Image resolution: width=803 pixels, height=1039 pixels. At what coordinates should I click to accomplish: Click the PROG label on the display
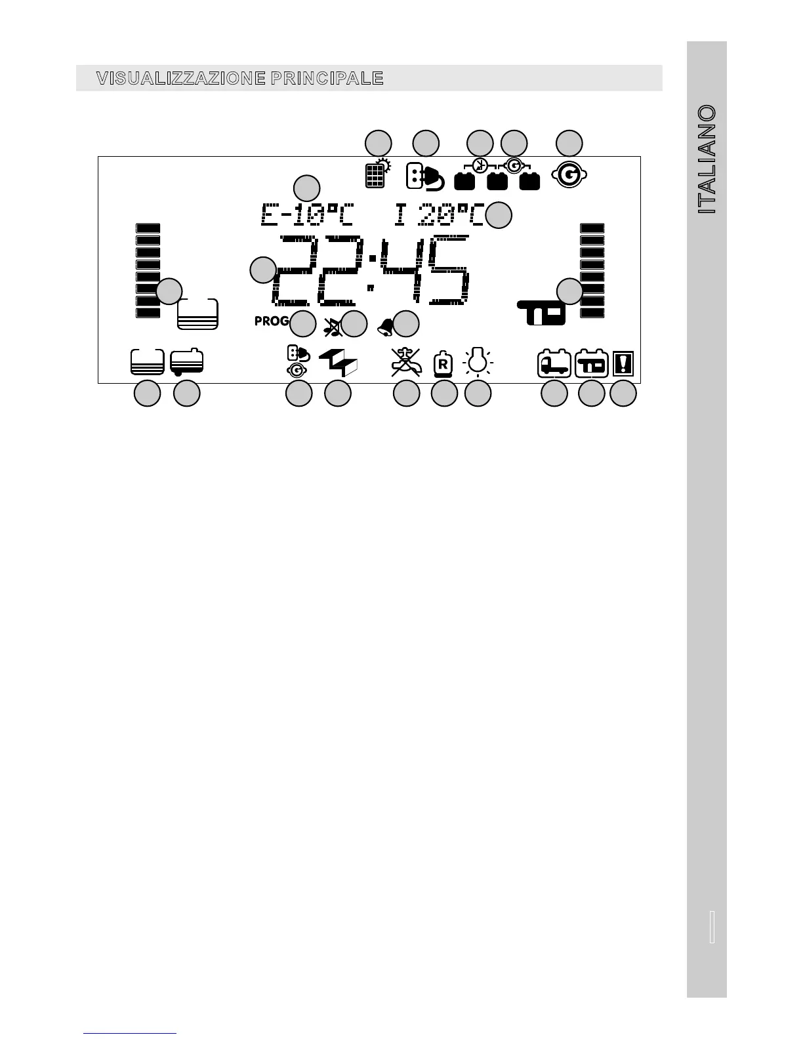pos(272,321)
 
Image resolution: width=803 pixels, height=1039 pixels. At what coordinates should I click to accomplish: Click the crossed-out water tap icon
pos(405,361)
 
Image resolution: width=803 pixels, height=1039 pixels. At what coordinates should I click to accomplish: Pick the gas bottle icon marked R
pos(443,364)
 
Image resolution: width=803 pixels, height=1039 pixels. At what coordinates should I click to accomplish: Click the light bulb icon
pos(478,362)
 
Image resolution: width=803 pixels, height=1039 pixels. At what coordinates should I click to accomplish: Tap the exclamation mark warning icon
pos(623,364)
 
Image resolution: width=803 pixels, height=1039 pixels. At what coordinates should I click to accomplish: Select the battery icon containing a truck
pos(554,364)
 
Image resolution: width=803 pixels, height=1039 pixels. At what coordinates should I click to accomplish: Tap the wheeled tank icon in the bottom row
pos(186,362)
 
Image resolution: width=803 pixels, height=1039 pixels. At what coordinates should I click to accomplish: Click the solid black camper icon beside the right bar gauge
pos(541,314)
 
